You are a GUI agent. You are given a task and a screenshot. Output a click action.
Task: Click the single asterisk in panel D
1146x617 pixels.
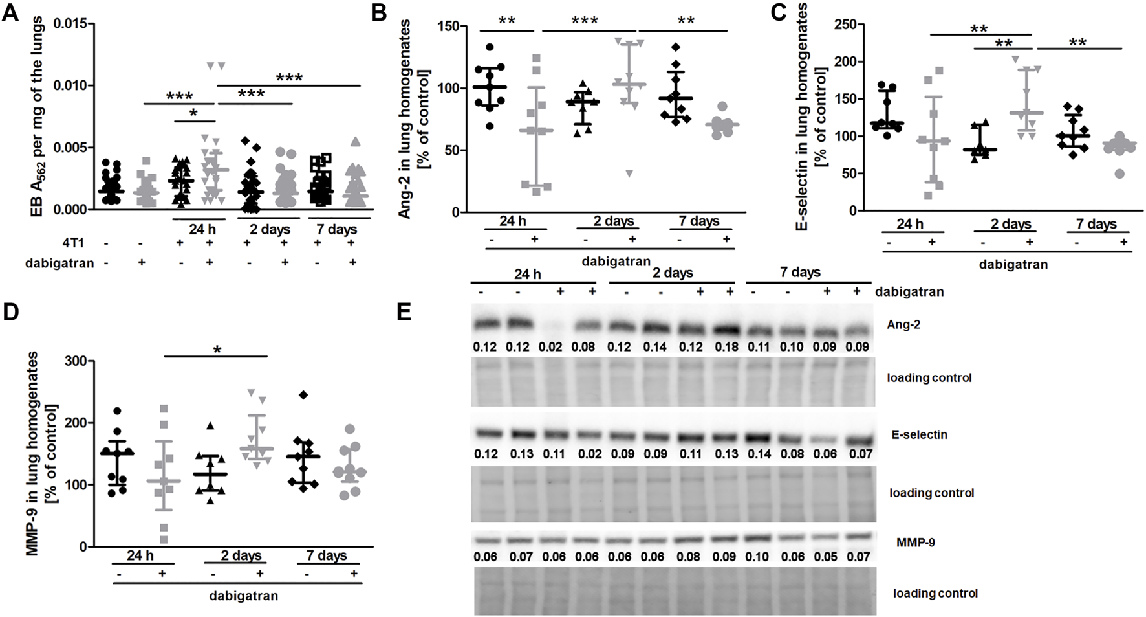pos(217,350)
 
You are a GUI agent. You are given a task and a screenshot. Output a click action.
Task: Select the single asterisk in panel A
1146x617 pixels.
pos(193,113)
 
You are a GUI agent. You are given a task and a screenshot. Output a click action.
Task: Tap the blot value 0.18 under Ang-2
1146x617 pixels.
pos(726,346)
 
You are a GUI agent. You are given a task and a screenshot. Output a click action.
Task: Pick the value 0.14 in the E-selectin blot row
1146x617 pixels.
pos(759,454)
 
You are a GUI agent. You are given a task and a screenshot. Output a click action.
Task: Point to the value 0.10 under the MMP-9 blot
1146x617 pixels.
pos(759,557)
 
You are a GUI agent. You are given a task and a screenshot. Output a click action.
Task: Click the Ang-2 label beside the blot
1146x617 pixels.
pos(903,324)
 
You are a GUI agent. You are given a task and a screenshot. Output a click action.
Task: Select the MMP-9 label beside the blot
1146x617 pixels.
pos(916,542)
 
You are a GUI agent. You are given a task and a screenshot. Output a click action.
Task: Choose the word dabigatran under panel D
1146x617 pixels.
pos(243,595)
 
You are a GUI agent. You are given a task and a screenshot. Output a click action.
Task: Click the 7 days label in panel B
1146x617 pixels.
pos(698,221)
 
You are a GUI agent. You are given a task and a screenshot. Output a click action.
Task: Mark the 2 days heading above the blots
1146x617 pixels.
pos(673,273)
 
